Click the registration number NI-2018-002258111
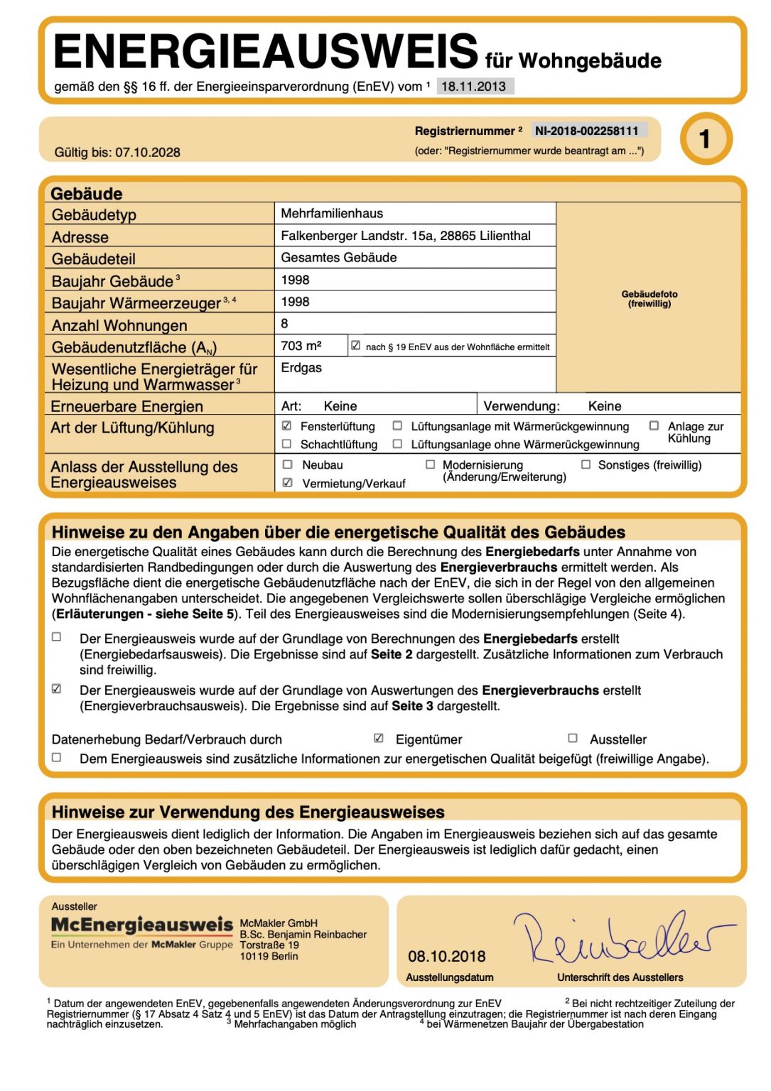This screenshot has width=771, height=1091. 587,131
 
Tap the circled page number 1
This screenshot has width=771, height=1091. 705,139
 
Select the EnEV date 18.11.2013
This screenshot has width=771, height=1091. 474,87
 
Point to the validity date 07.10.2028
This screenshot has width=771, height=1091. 148,152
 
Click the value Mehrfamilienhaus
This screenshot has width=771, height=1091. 332,213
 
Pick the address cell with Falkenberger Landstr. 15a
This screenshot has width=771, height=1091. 406,236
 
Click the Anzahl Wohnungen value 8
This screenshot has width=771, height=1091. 285,324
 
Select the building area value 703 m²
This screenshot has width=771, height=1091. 301,346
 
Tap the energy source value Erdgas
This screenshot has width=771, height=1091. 301,368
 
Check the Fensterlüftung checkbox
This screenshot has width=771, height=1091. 287,426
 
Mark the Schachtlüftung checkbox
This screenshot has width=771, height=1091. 287,444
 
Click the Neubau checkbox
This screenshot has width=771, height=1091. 288,465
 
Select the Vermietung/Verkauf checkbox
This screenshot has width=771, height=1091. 288,483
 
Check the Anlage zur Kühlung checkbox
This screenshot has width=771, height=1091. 654,426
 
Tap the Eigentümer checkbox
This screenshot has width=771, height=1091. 379,739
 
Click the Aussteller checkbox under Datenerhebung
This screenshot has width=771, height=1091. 573,739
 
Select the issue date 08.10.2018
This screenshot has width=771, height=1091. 447,957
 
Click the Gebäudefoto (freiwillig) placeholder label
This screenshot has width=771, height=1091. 649,298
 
